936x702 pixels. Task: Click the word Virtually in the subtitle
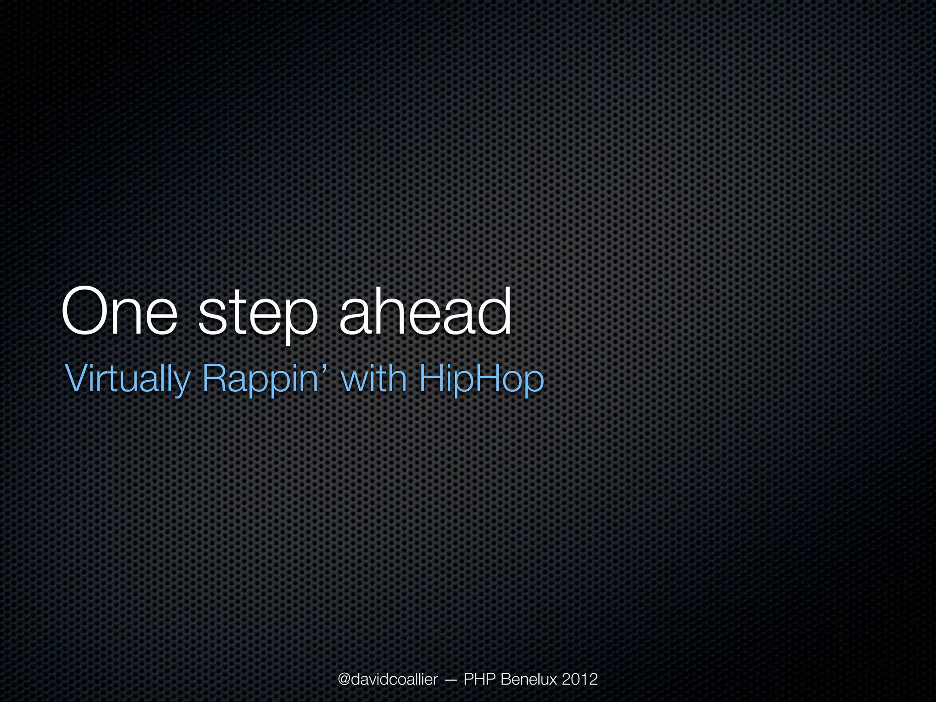[x=128, y=379]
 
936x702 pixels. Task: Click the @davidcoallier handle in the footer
[x=388, y=679]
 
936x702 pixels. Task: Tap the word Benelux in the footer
[x=529, y=679]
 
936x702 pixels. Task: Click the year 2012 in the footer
[x=580, y=679]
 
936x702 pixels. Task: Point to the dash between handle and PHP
[x=450, y=680]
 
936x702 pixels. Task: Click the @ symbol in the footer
[x=345, y=680]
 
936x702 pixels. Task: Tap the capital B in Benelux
[x=506, y=679]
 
